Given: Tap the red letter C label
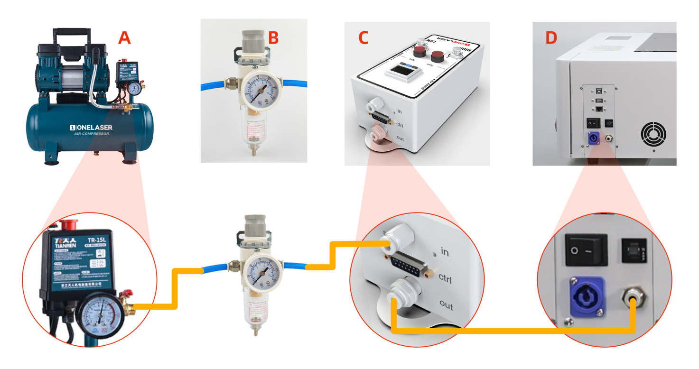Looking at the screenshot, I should (363, 37).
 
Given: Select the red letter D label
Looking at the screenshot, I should (551, 37).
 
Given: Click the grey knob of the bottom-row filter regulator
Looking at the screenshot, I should (255, 225).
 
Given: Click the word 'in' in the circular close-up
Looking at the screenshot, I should (445, 251).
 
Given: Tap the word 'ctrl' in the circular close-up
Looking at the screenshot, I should (445, 278).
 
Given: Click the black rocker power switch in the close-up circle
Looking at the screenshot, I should (586, 250).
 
